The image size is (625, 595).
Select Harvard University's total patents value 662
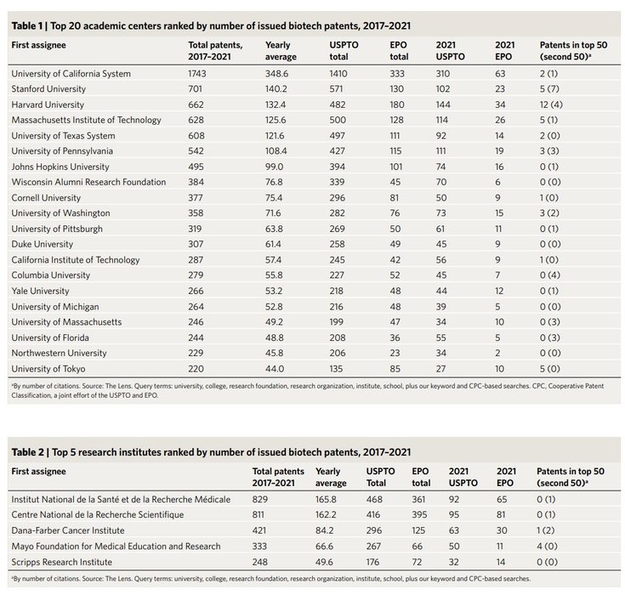click(x=198, y=105)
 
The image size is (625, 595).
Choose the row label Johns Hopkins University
click(x=55, y=167)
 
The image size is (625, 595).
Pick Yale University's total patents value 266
click(x=198, y=291)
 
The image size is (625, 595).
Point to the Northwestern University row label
click(x=58, y=353)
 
